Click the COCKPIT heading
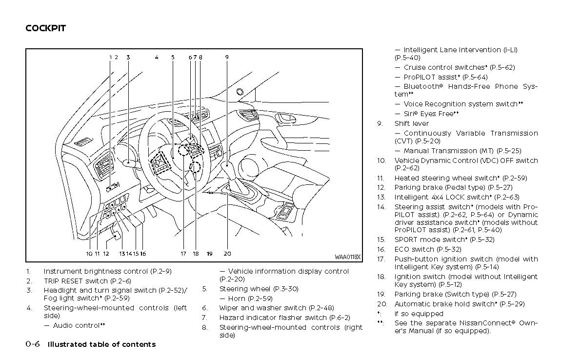point(45,28)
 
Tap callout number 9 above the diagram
point(227,57)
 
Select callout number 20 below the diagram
point(227,254)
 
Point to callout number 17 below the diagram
point(183,254)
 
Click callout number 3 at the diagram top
point(128,57)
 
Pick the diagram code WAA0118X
point(347,257)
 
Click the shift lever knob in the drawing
point(228,169)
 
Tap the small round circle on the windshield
point(240,92)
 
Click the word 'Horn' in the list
point(237,299)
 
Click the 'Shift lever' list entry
point(411,123)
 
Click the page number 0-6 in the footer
point(33,344)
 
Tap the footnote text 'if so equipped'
point(419,314)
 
